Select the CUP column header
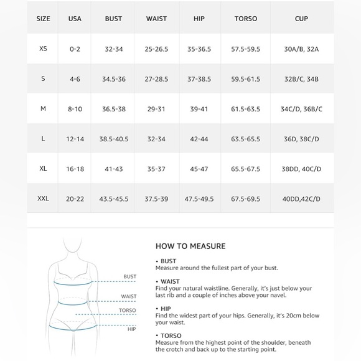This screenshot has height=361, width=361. click(x=301, y=19)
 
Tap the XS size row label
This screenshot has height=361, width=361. click(x=43, y=49)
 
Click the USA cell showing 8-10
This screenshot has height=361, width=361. click(x=75, y=109)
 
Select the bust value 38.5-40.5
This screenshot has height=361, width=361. click(x=114, y=139)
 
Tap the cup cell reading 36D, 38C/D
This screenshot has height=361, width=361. click(x=301, y=139)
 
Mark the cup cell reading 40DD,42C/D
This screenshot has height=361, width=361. click(x=301, y=199)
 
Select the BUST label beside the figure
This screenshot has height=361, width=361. click(x=129, y=276)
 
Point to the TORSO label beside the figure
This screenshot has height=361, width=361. click(x=128, y=311)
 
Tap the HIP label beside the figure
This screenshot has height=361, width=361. click(x=131, y=329)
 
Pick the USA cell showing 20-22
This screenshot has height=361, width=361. click(x=75, y=199)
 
